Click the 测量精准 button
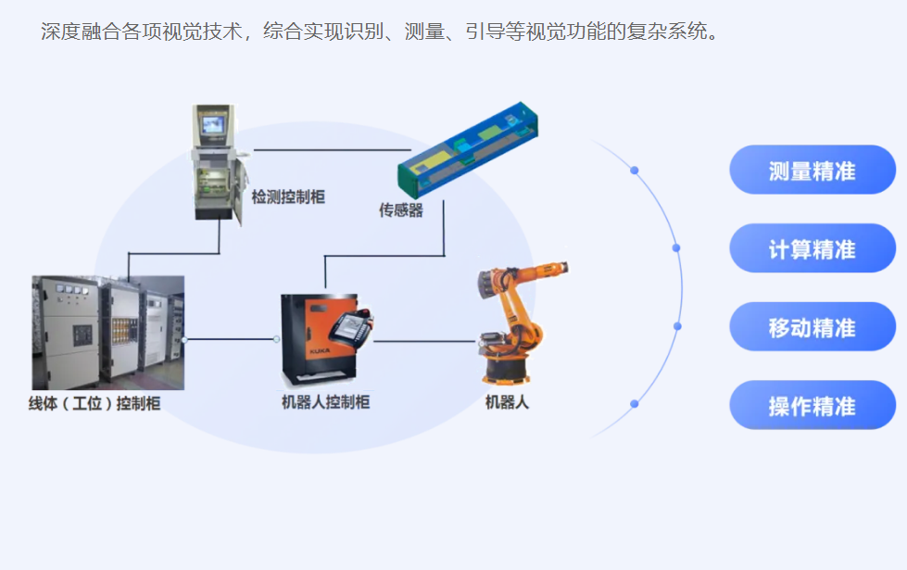pyautogui.click(x=813, y=170)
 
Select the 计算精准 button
pyautogui.click(x=813, y=248)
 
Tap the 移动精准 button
pyautogui.click(x=813, y=326)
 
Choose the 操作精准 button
pyautogui.click(x=813, y=405)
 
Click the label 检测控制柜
pyautogui.click(x=288, y=197)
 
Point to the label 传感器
pyautogui.click(x=401, y=210)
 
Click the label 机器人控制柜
pyautogui.click(x=326, y=402)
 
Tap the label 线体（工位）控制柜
pyautogui.click(x=94, y=403)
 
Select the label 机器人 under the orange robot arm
pyautogui.click(x=507, y=402)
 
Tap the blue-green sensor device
pyautogui.click(x=467, y=149)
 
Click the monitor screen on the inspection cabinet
pyautogui.click(x=212, y=125)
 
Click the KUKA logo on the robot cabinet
pyautogui.click(x=320, y=351)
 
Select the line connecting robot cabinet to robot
pyautogui.click(x=424, y=341)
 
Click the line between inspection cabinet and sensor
pyautogui.click(x=332, y=150)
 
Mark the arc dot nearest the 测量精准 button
pyautogui.click(x=635, y=171)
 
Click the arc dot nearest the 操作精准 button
pyautogui.click(x=635, y=404)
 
